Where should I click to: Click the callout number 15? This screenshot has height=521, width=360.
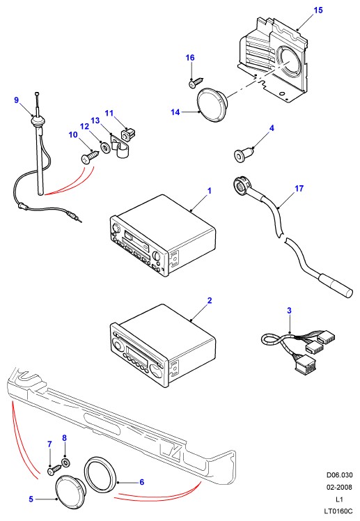[x=318, y=10]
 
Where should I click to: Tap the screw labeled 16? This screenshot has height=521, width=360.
[x=195, y=83]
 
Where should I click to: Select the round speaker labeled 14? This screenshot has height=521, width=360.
[x=212, y=105]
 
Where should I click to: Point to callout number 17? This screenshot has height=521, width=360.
[x=299, y=189]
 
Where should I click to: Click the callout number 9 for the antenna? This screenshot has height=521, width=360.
[x=17, y=100]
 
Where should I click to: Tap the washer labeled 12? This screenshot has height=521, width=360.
[x=106, y=146]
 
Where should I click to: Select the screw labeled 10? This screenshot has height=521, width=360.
[x=89, y=157]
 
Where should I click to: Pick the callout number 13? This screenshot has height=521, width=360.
[x=95, y=120]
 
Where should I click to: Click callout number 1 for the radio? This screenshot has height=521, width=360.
[x=209, y=191]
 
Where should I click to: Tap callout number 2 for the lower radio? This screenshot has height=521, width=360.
[x=209, y=301]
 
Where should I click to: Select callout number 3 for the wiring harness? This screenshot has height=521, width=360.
[x=289, y=311]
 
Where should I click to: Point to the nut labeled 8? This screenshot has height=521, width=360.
[x=65, y=462]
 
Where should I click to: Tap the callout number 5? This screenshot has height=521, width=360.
[x=31, y=499]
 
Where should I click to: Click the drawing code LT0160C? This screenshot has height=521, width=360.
[x=338, y=511]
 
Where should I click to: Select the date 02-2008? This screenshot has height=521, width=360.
[x=339, y=488]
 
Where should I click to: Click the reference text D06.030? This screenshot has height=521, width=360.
[x=339, y=475]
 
